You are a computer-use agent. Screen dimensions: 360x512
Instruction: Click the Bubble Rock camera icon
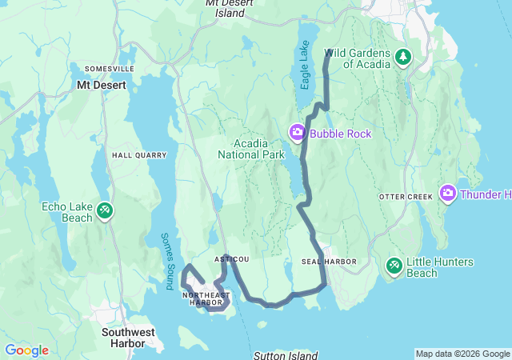[x=297, y=133]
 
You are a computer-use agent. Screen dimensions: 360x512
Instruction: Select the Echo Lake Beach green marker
[x=105, y=210]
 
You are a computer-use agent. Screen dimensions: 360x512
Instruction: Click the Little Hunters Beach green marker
[x=394, y=265]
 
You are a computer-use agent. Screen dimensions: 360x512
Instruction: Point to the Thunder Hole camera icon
[x=448, y=193]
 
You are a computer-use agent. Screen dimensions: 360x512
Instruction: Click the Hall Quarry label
[x=139, y=155]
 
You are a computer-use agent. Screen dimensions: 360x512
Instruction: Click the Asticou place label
[x=232, y=259]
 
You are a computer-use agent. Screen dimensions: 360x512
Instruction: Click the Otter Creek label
[x=405, y=196]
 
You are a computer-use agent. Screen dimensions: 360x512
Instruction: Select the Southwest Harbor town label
[x=124, y=337]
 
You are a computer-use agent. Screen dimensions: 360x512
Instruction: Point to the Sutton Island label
[x=285, y=354]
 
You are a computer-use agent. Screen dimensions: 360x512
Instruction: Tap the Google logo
[x=26, y=350]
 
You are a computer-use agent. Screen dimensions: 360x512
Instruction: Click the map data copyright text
[x=462, y=354]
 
